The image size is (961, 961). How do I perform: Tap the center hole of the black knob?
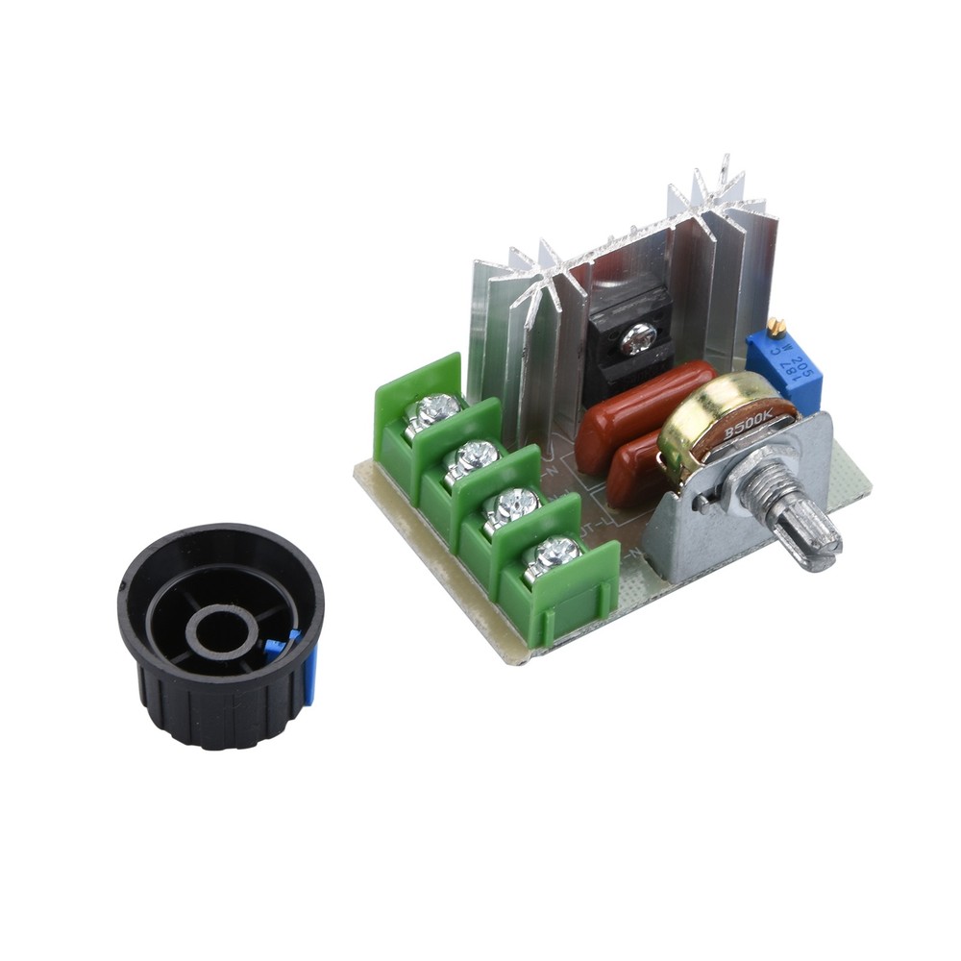pyautogui.click(x=221, y=630)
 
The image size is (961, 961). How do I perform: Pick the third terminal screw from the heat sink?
pyautogui.click(x=513, y=504)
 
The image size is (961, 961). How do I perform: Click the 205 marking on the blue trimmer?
pyautogui.click(x=801, y=365)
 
